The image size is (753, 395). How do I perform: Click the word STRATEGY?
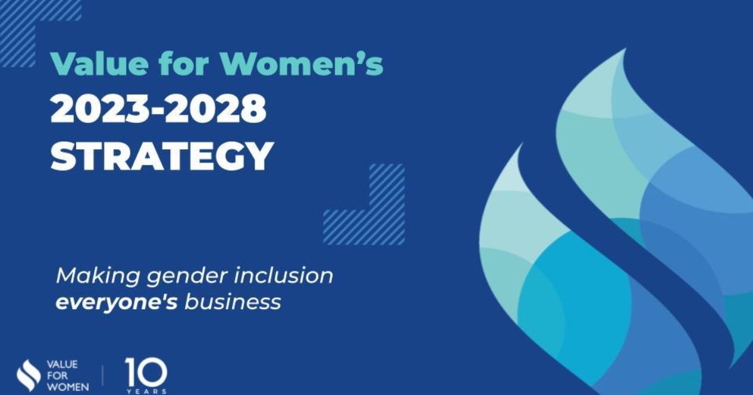(162, 156)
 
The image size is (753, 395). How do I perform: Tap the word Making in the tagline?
(94, 276)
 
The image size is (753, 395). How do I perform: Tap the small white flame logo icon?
(28, 375)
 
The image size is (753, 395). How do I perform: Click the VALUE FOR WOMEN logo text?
(68, 376)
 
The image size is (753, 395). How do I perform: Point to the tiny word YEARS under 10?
(146, 391)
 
